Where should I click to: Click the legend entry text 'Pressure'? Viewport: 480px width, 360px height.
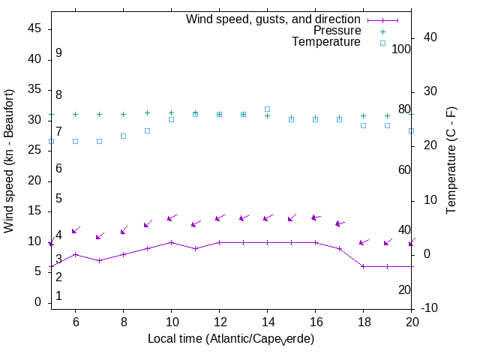point(337,31)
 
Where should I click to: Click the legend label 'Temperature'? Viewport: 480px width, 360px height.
point(326,42)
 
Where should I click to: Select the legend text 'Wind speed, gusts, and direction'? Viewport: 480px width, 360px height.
point(274,19)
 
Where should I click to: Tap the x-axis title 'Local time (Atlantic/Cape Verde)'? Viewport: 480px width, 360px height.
point(231,339)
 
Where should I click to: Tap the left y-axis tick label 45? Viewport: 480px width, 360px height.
point(34,28)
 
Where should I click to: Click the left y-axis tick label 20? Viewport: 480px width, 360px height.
point(34,180)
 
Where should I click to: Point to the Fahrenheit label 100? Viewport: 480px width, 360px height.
point(401,49)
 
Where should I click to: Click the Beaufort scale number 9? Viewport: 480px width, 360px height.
point(58,53)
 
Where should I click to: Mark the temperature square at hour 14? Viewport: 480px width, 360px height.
point(267,109)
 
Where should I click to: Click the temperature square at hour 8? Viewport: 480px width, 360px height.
point(123,136)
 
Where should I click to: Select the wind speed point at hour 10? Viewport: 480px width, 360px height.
point(171,242)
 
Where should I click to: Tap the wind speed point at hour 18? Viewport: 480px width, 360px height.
point(363,266)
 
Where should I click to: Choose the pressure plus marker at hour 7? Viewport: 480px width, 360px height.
point(99,115)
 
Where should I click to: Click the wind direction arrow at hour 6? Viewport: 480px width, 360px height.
point(76,230)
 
